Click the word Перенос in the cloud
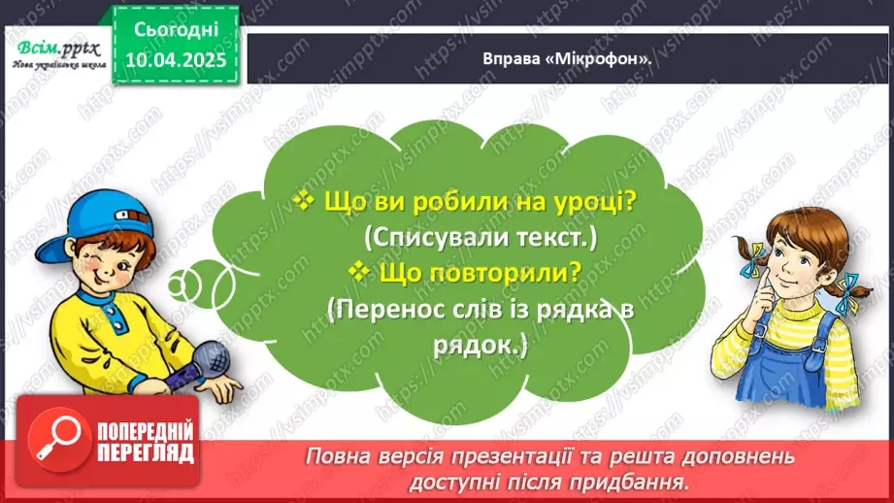(x=387, y=311)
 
